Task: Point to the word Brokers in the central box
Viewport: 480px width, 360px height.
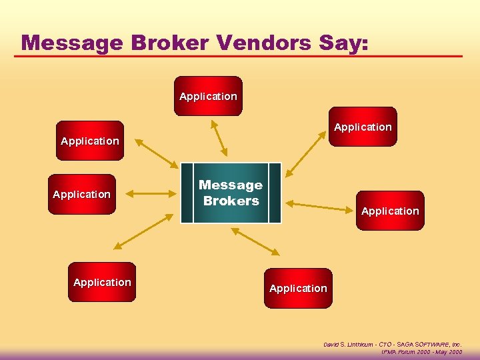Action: click(231, 201)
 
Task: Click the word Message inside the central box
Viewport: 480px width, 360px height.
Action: click(231, 185)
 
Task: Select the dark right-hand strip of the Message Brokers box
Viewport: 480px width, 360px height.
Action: click(275, 193)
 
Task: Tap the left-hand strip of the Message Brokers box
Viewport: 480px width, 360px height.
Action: click(187, 193)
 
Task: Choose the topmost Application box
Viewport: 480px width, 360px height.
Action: click(208, 96)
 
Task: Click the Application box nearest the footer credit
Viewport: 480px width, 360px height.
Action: click(298, 288)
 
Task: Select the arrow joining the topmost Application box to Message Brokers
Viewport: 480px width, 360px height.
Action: click(219, 137)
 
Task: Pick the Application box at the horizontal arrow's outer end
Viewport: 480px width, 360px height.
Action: click(82, 194)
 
